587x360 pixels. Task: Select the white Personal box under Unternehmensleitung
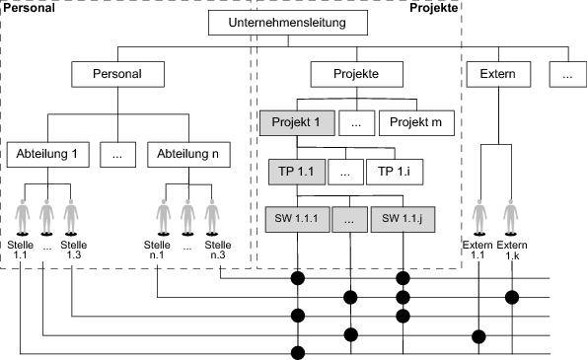tap(117, 74)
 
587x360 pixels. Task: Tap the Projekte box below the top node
tap(357, 74)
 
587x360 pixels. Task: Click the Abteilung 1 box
tap(53, 154)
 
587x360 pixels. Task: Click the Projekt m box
tap(415, 122)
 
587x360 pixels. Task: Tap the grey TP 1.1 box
tap(297, 171)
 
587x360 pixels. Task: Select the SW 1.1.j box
tap(403, 218)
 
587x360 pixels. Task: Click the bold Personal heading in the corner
tap(27, 7)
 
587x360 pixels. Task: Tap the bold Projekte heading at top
tap(433, 7)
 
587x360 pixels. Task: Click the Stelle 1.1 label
tap(20, 250)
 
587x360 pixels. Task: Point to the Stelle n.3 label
tap(218, 250)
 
